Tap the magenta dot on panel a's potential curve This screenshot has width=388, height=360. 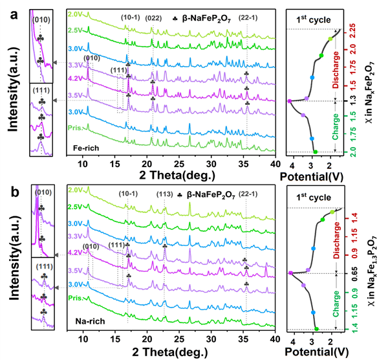(x=290, y=101)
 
